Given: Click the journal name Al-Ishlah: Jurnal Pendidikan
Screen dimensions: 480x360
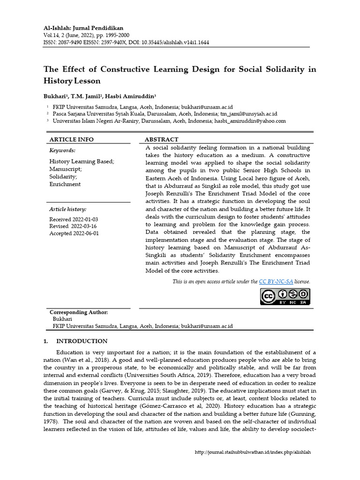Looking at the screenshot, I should coord(83,28).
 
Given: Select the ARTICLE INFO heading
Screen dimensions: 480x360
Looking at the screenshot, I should coord(71,139).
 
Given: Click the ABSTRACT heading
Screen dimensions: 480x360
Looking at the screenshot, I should coord(161,139).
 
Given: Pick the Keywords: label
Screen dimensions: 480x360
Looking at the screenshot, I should coord(62,150).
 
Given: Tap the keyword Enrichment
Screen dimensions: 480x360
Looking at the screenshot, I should coord(65,184).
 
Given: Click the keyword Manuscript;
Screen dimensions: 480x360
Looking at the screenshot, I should coord(66,169).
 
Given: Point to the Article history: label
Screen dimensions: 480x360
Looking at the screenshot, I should coord(67,210).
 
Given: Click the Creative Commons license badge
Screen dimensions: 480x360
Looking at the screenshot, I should coord(285,296).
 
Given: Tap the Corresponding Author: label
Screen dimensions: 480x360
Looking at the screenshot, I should coord(79,312).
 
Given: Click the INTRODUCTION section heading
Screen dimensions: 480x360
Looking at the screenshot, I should coord(82,341).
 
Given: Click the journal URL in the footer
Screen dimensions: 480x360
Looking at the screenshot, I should coord(253,452).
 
